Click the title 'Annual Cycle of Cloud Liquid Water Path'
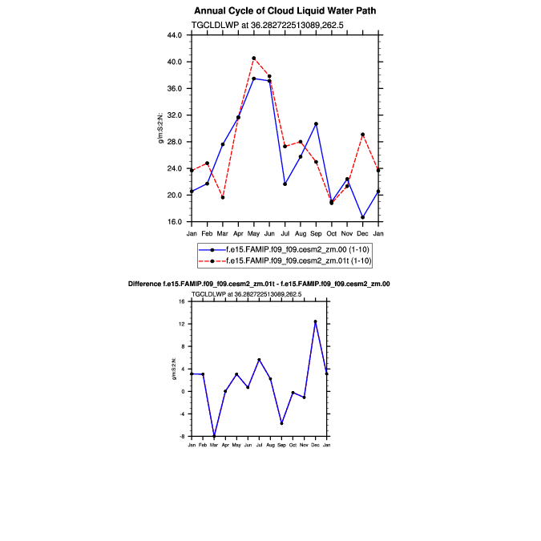[x=285, y=10]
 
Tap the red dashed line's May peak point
[x=254, y=58]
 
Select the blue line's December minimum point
[x=363, y=217]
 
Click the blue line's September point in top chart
[x=317, y=124]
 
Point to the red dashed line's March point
[x=223, y=197]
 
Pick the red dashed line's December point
[x=363, y=135]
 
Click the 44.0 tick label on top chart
[x=175, y=35]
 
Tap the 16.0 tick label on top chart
[x=175, y=222]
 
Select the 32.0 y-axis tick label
[x=175, y=115]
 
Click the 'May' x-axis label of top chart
[x=254, y=233]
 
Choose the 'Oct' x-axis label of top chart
[x=332, y=233]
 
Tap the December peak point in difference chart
[x=316, y=321]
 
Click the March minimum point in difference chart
[x=214, y=436]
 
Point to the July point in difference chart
[x=259, y=360]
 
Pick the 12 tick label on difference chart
[x=183, y=324]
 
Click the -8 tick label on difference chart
[x=183, y=436]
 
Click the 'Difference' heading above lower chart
[x=147, y=285]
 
